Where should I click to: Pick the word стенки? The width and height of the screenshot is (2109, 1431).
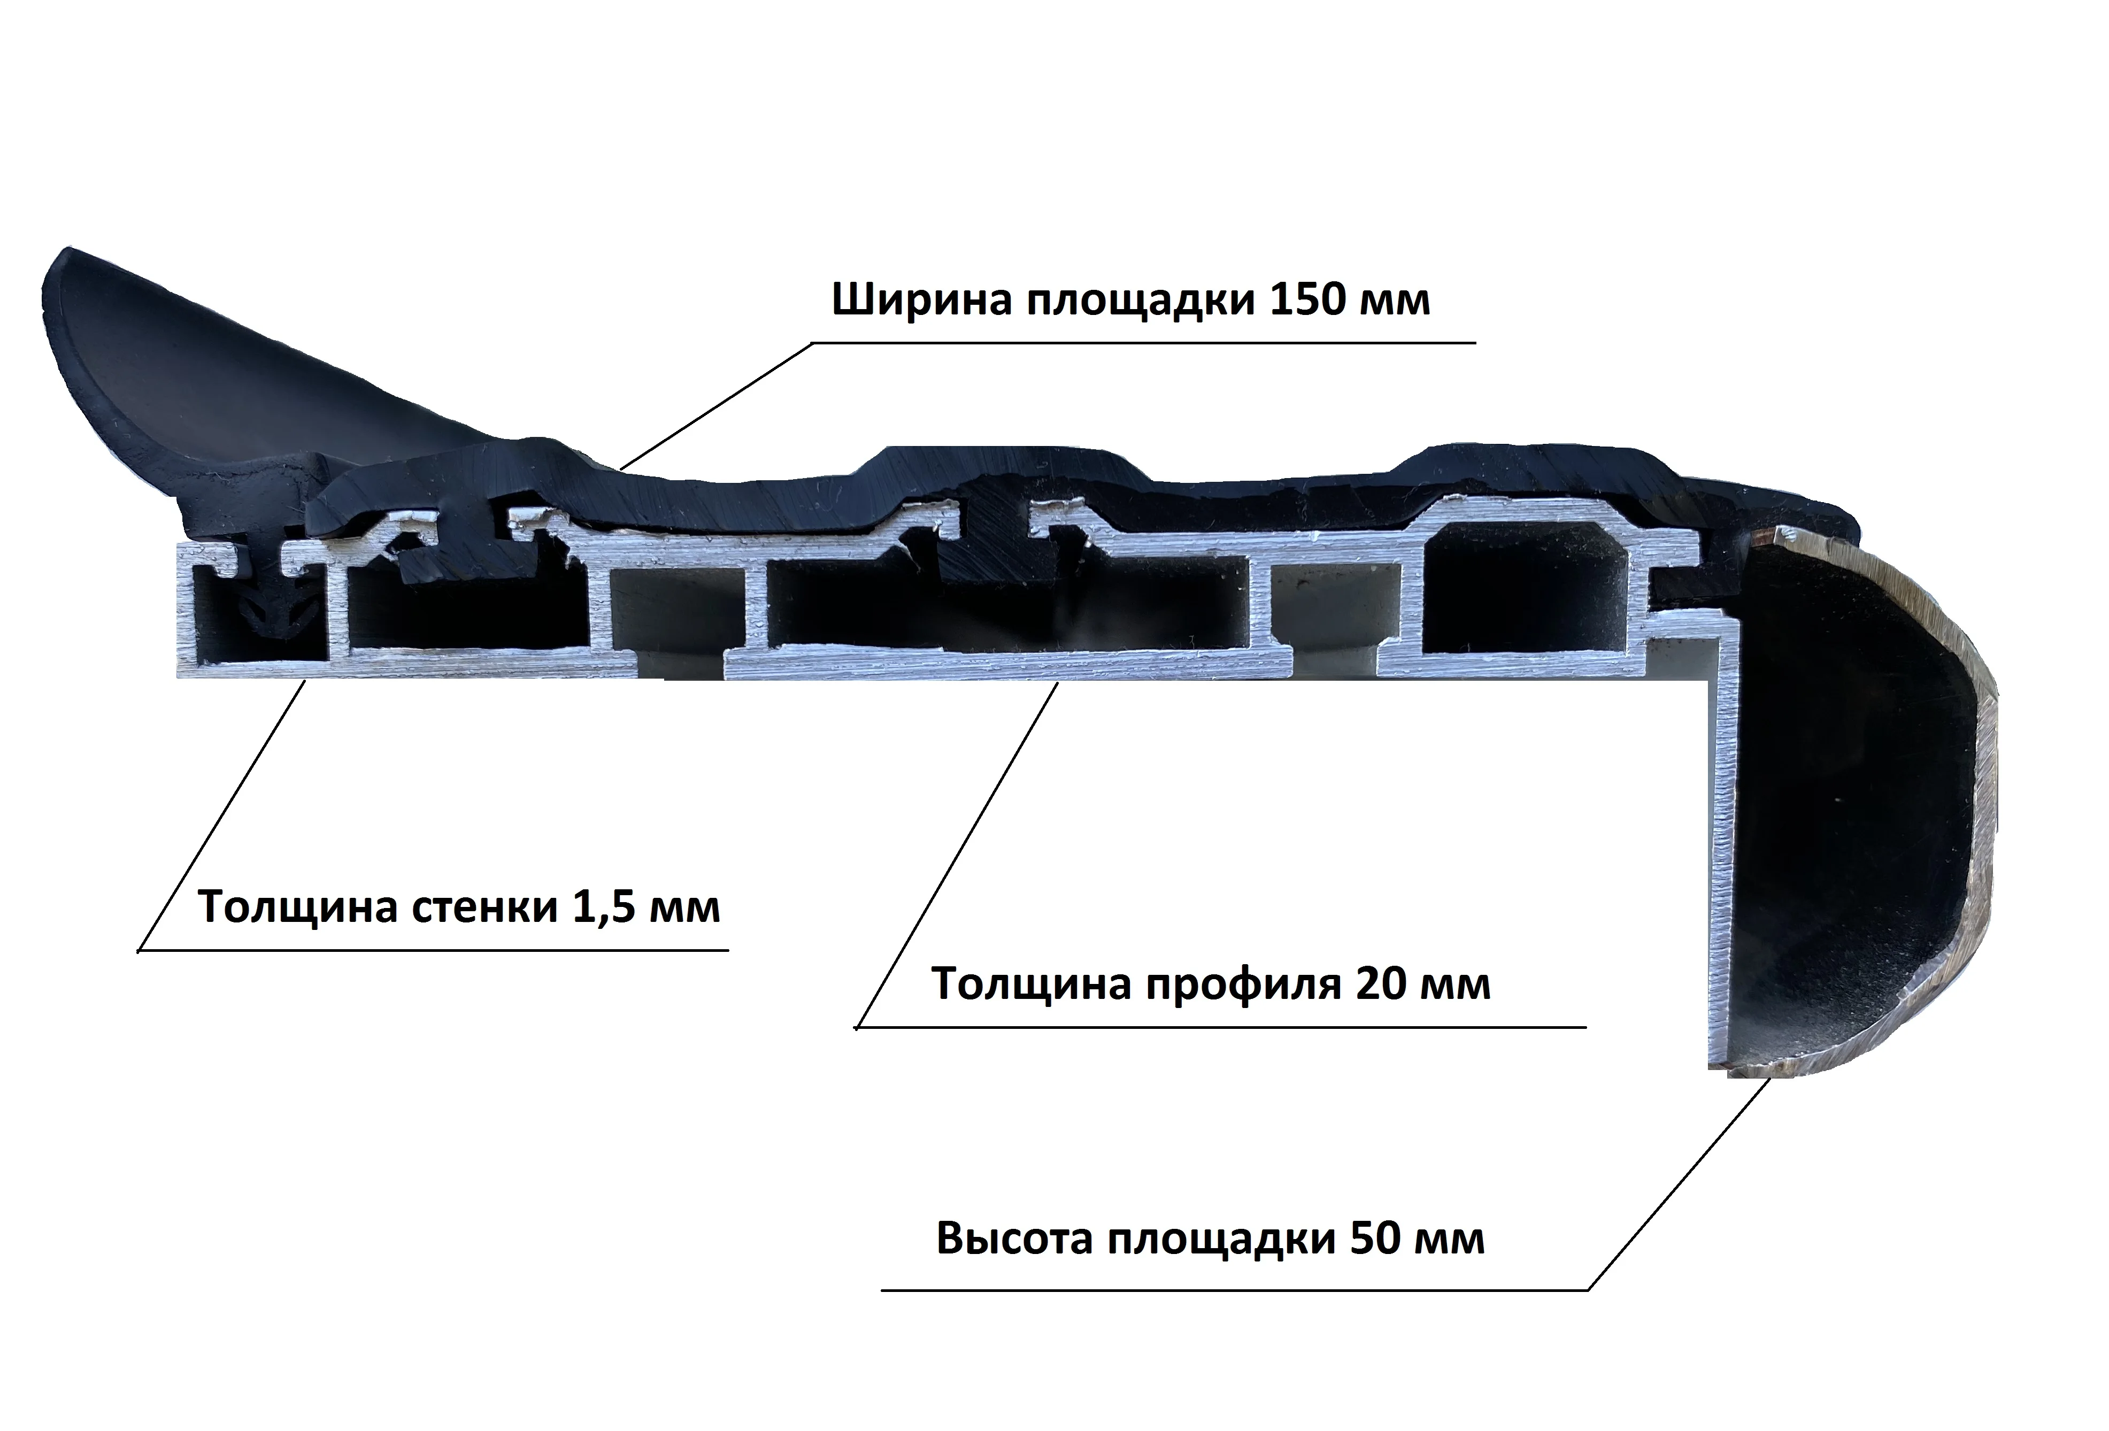tap(484, 907)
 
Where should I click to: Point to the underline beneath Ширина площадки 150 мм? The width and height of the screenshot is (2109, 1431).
tap(1143, 343)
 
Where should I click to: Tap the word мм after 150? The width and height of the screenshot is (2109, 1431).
tap(1394, 299)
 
